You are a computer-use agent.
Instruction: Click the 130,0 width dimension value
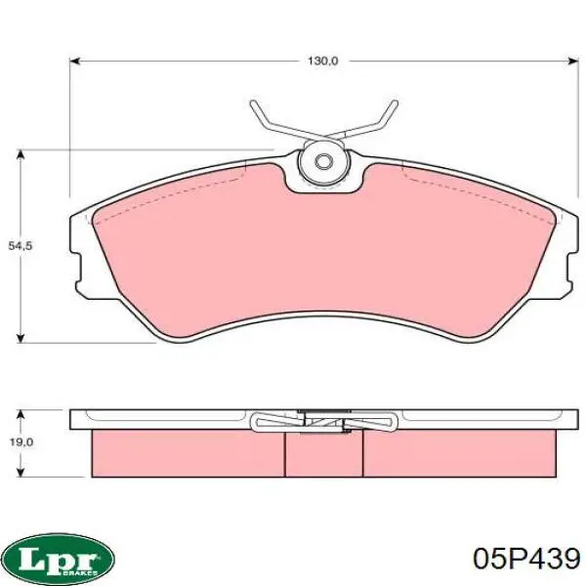pyautogui.click(x=322, y=61)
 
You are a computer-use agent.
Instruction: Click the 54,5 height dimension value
pyautogui.click(x=21, y=247)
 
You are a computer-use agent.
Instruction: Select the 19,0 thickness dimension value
pyautogui.click(x=21, y=442)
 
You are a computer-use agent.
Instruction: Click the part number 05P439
pyautogui.click(x=525, y=559)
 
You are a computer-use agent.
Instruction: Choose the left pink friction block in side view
pyautogui.click(x=186, y=453)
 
